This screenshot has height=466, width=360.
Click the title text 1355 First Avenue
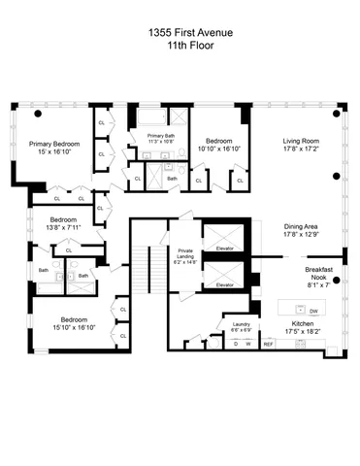pyautogui.click(x=180, y=30)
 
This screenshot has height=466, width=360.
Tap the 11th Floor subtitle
pyautogui.click(x=180, y=44)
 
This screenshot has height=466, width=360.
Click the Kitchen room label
pyautogui.click(x=309, y=324)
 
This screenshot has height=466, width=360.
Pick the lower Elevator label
pyautogui.click(x=224, y=284)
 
